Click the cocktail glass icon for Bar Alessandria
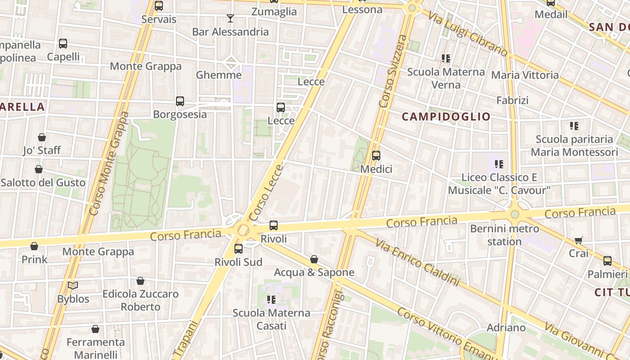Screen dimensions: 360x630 [230, 18]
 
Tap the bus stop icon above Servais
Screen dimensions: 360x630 [158, 6]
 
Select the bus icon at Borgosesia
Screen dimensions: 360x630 [180, 101]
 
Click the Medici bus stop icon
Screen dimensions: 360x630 [376, 156]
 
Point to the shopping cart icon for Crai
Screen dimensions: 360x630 [579, 241]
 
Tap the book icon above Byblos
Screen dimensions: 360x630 [73, 286]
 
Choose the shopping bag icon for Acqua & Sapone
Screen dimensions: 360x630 [314, 259]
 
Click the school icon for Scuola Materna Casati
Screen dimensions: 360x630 [271, 300]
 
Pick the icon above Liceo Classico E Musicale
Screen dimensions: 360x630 [499, 164]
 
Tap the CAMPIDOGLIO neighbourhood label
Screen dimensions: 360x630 [446, 117]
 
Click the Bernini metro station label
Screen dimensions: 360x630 [504, 235]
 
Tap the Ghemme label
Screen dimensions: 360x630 [219, 75]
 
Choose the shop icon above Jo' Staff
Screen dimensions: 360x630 [42, 137]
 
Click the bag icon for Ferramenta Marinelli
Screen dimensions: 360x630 [95, 329]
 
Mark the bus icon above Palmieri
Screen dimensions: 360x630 [607, 261]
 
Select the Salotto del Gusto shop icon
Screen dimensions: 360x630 [39, 170]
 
